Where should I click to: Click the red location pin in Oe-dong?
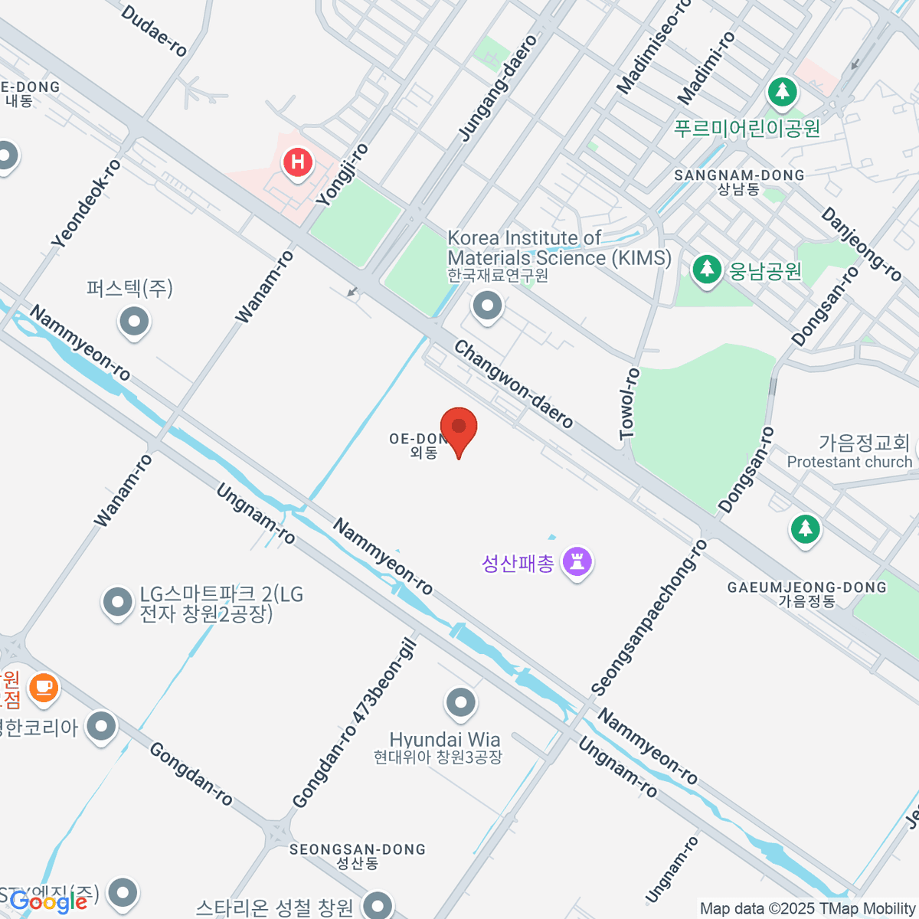click(x=459, y=427)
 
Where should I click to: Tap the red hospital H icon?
click(x=297, y=162)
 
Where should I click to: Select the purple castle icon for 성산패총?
click(x=577, y=562)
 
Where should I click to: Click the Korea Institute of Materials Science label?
click(x=559, y=249)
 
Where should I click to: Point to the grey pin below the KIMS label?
click(x=487, y=306)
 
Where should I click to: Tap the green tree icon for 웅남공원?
click(x=706, y=270)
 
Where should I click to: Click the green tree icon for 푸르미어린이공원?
click(x=782, y=93)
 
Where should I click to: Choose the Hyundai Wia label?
click(x=445, y=740)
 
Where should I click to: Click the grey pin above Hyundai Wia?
click(x=461, y=702)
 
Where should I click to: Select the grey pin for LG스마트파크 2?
click(x=117, y=603)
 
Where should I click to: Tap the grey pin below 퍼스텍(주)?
click(x=135, y=322)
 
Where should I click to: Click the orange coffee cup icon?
click(x=44, y=686)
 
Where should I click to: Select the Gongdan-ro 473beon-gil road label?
click(x=355, y=723)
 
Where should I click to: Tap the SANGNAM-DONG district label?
click(x=739, y=175)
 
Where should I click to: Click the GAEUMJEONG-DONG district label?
click(x=806, y=587)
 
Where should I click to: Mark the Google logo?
click(x=49, y=901)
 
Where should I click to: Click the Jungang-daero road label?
click(x=498, y=88)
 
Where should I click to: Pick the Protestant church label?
click(x=849, y=462)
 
